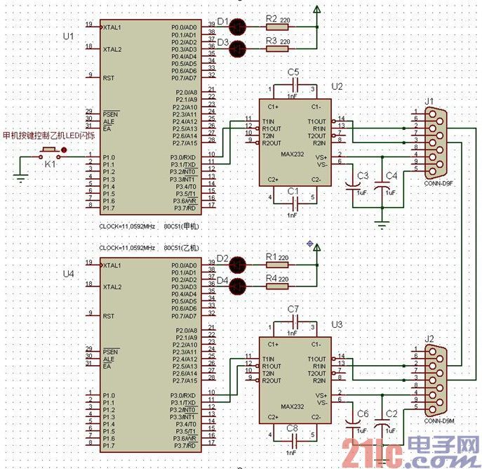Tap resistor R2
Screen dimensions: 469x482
point(276,27)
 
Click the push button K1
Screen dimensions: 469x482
point(49,152)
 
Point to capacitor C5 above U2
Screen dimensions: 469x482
point(293,85)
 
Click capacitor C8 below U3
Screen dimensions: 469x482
point(293,439)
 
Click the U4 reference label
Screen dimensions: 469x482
point(68,273)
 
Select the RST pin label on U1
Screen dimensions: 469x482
point(109,78)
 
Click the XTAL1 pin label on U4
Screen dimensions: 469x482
point(112,265)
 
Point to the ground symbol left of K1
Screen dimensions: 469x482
point(21,178)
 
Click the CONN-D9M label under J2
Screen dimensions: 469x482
point(439,421)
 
